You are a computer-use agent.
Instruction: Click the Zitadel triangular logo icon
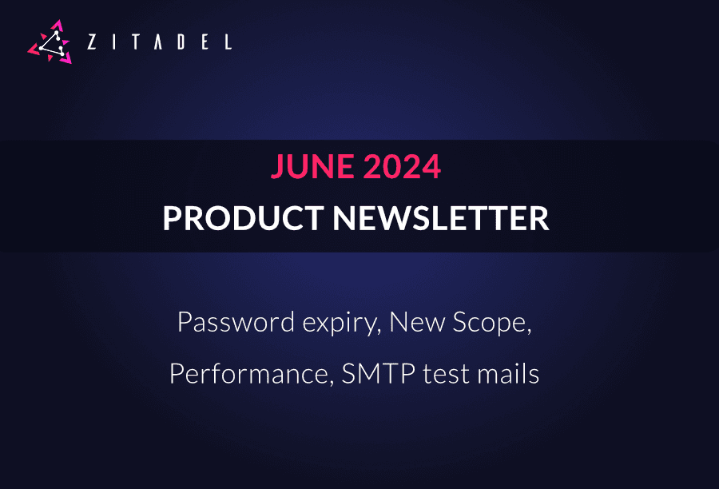point(50,42)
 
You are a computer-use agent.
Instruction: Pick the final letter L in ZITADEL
point(228,42)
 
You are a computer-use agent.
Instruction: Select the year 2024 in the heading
point(403,167)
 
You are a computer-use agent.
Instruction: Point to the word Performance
point(249,373)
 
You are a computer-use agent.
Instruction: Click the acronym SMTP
point(374,373)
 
